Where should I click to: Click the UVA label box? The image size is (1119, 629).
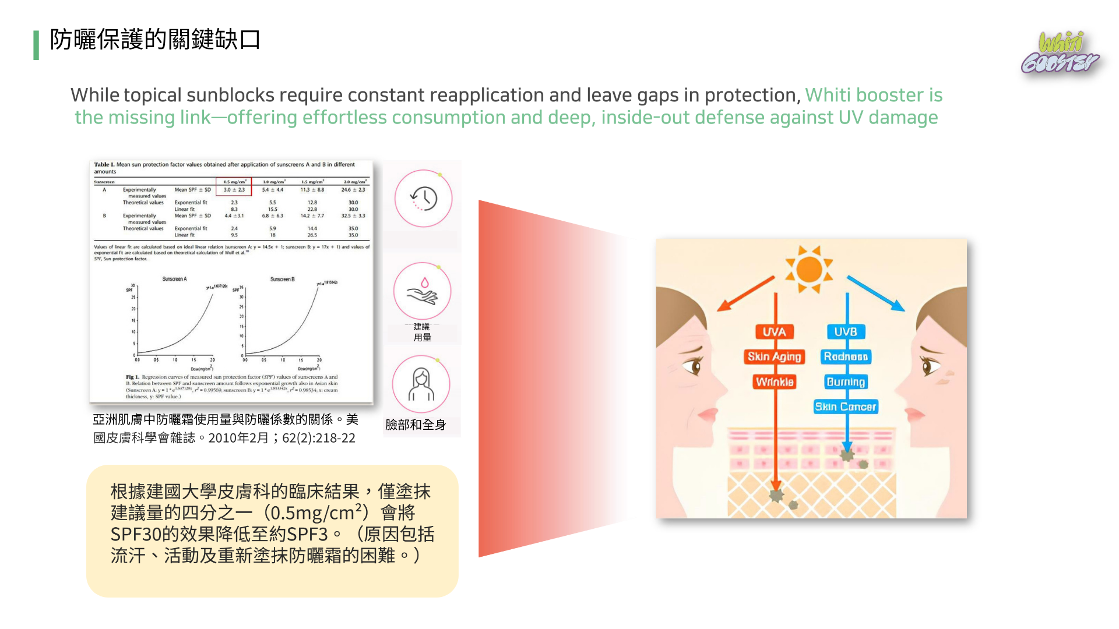point(774,332)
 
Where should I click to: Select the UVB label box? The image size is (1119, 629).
point(845,332)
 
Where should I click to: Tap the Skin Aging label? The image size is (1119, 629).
point(774,356)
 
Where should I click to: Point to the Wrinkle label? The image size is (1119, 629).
point(774,382)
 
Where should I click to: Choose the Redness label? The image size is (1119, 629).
point(846,356)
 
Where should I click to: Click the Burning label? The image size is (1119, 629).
point(846,382)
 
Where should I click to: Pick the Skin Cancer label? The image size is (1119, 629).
point(846,407)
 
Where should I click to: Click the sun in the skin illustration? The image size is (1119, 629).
point(809,269)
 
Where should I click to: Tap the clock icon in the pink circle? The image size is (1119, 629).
point(423,199)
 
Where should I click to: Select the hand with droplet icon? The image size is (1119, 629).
point(423,291)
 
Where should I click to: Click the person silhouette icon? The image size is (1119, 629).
point(421,384)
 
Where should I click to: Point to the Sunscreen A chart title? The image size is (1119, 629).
point(174,280)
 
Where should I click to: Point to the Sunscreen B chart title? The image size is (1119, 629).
point(282,280)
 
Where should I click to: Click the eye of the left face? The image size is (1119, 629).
point(694,366)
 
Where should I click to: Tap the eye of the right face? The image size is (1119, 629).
point(929,365)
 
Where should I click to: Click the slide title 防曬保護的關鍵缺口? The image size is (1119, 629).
point(155,40)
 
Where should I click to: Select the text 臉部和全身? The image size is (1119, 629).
point(416,425)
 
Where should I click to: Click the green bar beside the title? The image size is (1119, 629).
point(36,45)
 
